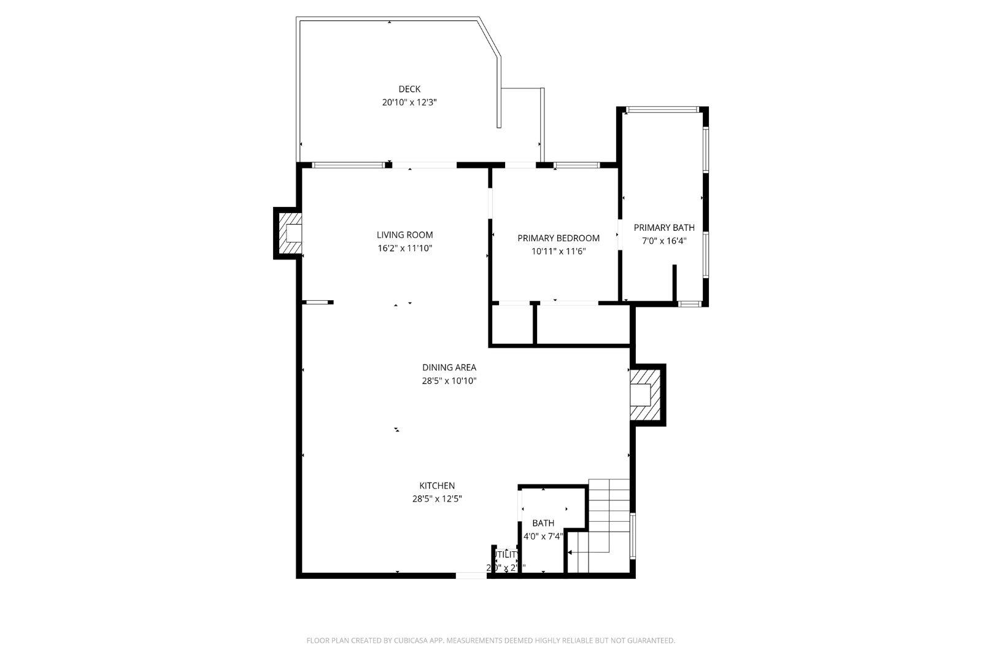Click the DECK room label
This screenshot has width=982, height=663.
click(409, 89)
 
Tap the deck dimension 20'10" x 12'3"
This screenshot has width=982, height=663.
click(409, 103)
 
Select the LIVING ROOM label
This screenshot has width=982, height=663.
click(404, 235)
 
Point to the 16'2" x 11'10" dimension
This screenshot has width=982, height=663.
click(404, 248)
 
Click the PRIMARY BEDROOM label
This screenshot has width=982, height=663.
click(558, 238)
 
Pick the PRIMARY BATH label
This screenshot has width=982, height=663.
click(664, 227)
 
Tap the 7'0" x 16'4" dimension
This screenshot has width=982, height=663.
click(664, 241)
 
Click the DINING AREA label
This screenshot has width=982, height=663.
click(449, 367)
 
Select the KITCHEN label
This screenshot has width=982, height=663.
click(437, 486)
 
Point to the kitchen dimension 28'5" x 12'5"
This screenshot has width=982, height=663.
click(437, 499)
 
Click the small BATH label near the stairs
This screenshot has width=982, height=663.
click(543, 523)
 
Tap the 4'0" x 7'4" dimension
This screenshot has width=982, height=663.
click(543, 537)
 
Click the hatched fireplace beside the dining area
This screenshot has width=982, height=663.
click(646, 394)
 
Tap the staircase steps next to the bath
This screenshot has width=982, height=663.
click(609, 510)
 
